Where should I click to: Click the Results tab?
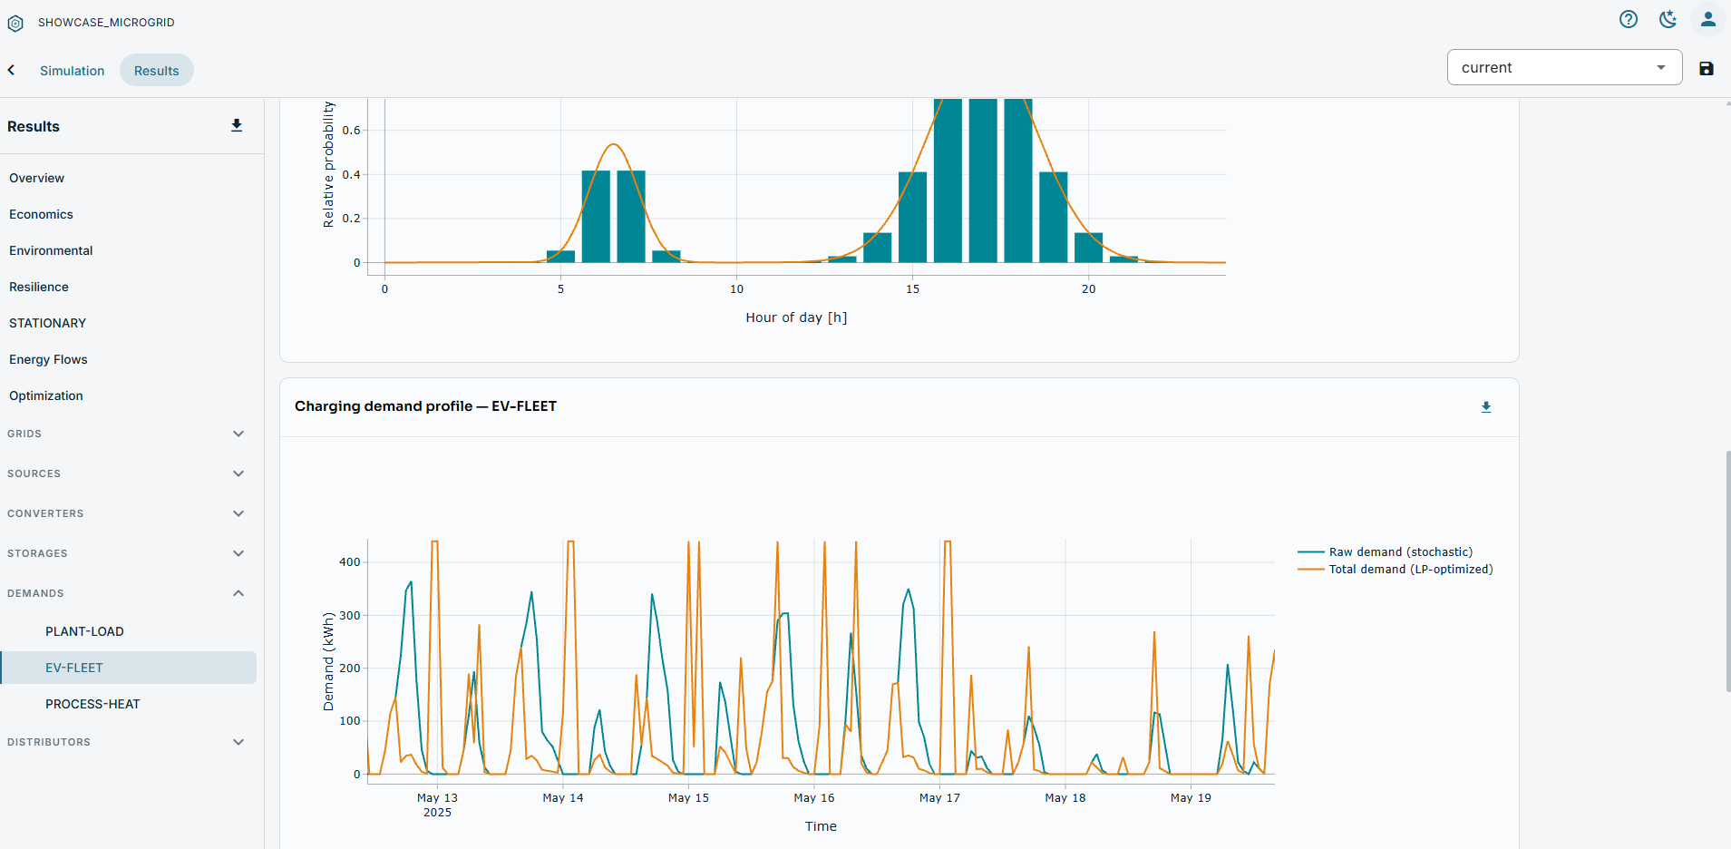pyautogui.click(x=156, y=71)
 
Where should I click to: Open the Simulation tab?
pyautogui.click(x=72, y=71)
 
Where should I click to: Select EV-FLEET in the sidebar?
pyautogui.click(x=74, y=668)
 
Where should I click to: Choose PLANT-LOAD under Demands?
pyautogui.click(x=84, y=631)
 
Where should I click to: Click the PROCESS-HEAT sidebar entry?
pyautogui.click(x=92, y=704)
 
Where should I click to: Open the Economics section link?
pyautogui.click(x=41, y=214)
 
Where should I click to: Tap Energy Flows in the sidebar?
pyautogui.click(x=48, y=359)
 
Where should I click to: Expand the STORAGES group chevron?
pyautogui.click(x=238, y=553)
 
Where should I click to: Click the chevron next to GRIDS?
pyautogui.click(x=238, y=434)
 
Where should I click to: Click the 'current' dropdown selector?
pyautogui.click(x=1564, y=67)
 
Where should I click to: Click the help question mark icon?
pyautogui.click(x=1629, y=19)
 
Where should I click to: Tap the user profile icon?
pyautogui.click(x=1708, y=19)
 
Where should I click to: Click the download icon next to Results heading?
pyautogui.click(x=237, y=126)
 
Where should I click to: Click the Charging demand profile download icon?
pyautogui.click(x=1486, y=407)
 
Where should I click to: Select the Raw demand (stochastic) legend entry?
pyautogui.click(x=1386, y=551)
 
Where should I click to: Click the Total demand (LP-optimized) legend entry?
pyautogui.click(x=1395, y=569)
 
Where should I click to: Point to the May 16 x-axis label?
pyautogui.click(x=814, y=798)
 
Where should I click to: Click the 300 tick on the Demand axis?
pyautogui.click(x=350, y=615)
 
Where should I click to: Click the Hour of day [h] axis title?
pyautogui.click(x=796, y=317)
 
